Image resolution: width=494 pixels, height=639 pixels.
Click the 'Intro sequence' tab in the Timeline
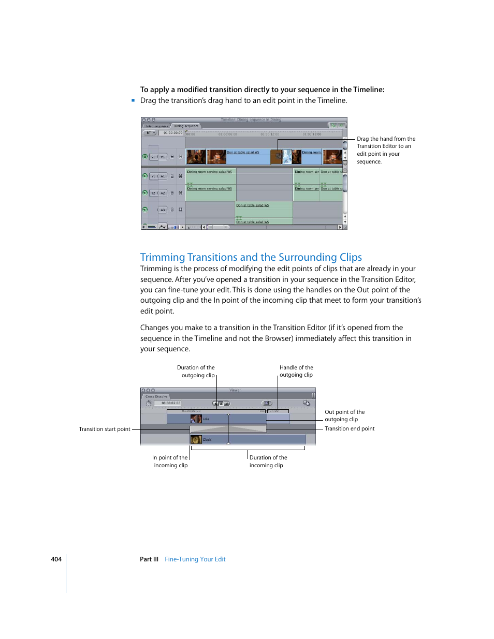156,126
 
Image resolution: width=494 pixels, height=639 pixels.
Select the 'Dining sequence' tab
186,126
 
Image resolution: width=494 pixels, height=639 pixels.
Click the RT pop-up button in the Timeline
150,133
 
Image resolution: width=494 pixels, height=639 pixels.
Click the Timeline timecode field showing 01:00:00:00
172,133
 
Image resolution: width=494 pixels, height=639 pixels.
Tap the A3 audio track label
163,210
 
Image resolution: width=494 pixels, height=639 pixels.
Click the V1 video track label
163,157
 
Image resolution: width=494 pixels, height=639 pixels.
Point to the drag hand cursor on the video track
279,155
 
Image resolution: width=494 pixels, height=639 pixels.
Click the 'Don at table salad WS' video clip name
243,153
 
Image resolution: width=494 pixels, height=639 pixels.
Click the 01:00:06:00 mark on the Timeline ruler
227,134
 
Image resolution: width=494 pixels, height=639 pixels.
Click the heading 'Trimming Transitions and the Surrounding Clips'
251,257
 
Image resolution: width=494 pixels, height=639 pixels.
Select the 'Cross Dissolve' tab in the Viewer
156,396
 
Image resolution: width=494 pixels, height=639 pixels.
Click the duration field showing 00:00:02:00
171,403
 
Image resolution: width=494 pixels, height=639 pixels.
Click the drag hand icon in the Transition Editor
307,403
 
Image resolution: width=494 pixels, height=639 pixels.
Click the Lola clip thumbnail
196,419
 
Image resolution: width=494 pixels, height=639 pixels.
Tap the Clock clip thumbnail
196,440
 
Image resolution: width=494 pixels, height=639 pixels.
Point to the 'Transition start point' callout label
105,429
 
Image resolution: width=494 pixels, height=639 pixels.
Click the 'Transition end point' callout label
350,428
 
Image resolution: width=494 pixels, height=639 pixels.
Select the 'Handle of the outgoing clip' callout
296,371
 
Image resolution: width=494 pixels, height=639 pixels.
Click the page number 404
56,559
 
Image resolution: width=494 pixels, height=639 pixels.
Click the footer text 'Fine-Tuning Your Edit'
195,559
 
